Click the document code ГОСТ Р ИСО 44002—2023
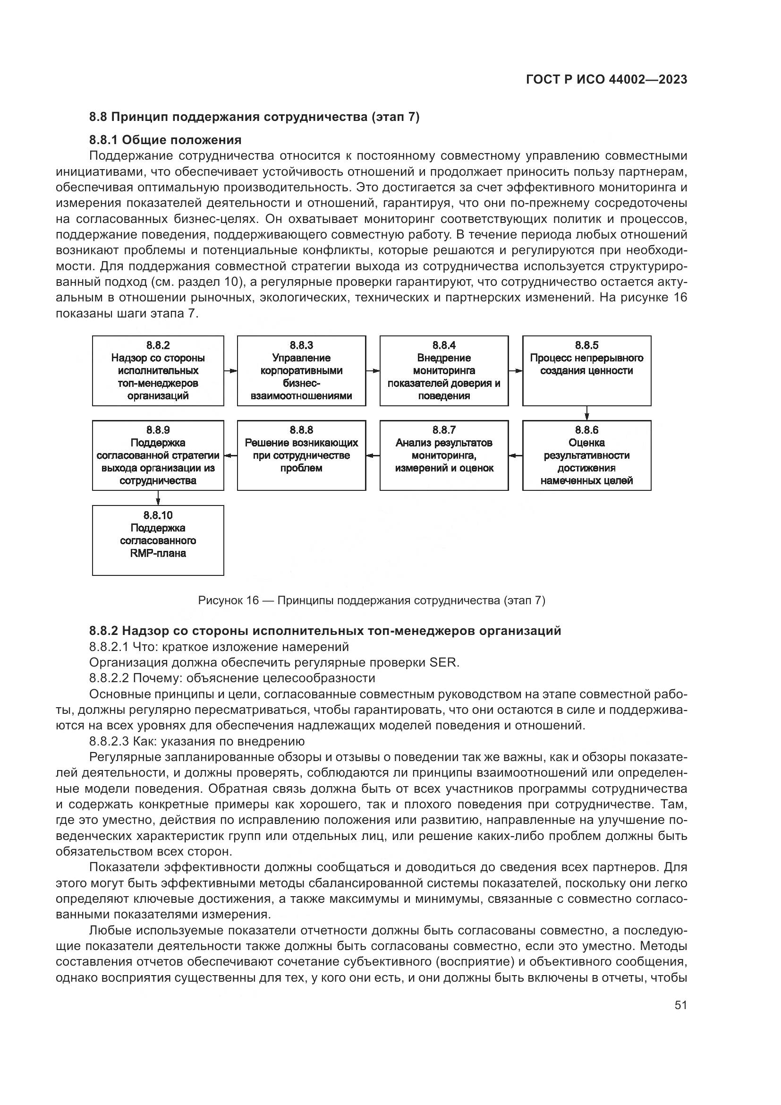[606, 80]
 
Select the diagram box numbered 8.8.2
[158, 370]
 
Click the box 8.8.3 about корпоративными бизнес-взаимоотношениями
[301, 370]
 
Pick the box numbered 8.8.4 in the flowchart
[443, 370]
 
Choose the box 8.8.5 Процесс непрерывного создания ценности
[586, 370]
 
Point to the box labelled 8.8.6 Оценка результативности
[586, 455]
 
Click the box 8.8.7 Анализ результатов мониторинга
[443, 455]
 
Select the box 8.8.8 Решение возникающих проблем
[301, 455]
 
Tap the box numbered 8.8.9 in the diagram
[158, 455]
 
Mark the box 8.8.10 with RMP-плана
[158, 540]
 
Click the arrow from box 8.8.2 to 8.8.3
[230, 371]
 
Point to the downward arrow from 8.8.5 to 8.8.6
[587, 413]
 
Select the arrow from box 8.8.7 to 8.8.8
[373, 456]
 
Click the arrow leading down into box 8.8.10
[158, 497]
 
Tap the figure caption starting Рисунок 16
[371, 600]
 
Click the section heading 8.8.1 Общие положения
[165, 140]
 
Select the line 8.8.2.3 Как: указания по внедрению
[197, 741]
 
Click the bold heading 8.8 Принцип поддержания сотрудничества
[255, 117]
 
